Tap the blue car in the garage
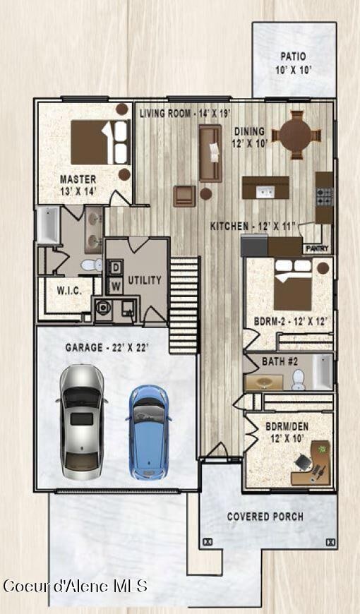coord(149,431)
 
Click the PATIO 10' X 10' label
coord(294,63)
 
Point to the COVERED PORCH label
coord(265,517)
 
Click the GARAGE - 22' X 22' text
coord(107,348)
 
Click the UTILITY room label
coord(144,280)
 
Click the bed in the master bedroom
coord(100,142)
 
